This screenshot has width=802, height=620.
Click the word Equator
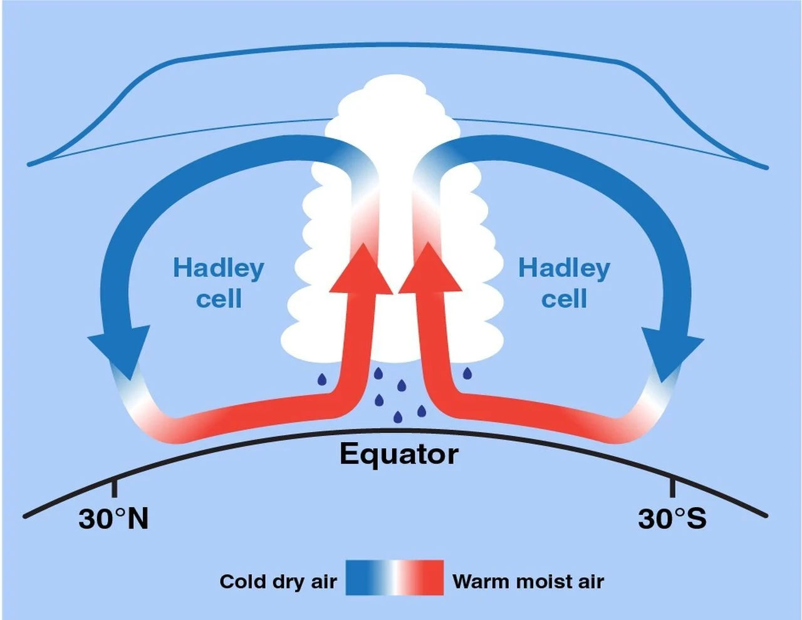pyautogui.click(x=398, y=454)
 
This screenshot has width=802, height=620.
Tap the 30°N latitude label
pyautogui.click(x=113, y=519)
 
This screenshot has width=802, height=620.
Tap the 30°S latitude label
pyautogui.click(x=672, y=519)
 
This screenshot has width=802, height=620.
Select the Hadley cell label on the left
pyautogui.click(x=219, y=283)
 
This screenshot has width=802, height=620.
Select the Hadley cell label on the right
pyautogui.click(x=564, y=283)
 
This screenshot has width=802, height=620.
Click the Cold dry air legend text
pyautogui.click(x=278, y=581)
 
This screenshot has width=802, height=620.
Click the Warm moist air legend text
pyautogui.click(x=528, y=581)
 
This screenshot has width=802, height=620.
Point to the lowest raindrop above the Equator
pyautogui.click(x=397, y=416)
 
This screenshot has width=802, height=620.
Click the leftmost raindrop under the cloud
pyautogui.click(x=321, y=379)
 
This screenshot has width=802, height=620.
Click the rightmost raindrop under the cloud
pyautogui.click(x=467, y=374)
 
